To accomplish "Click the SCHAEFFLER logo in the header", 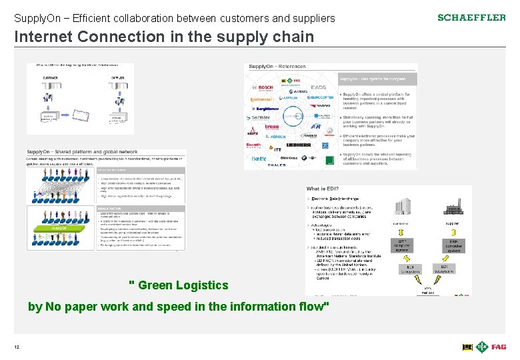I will click(471, 17).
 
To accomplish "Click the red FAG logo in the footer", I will click(499, 347).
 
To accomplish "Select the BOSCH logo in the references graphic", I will click(265, 87).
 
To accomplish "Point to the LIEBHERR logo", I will click(298, 145).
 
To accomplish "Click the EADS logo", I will click(319, 87).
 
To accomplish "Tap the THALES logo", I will click(276, 165).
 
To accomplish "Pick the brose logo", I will click(271, 126).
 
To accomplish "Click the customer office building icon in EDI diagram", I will click(402, 207).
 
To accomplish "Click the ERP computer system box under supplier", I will click(453, 246).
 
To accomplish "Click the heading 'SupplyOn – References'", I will click(277, 67).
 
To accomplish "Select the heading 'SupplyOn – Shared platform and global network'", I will click(82, 151).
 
